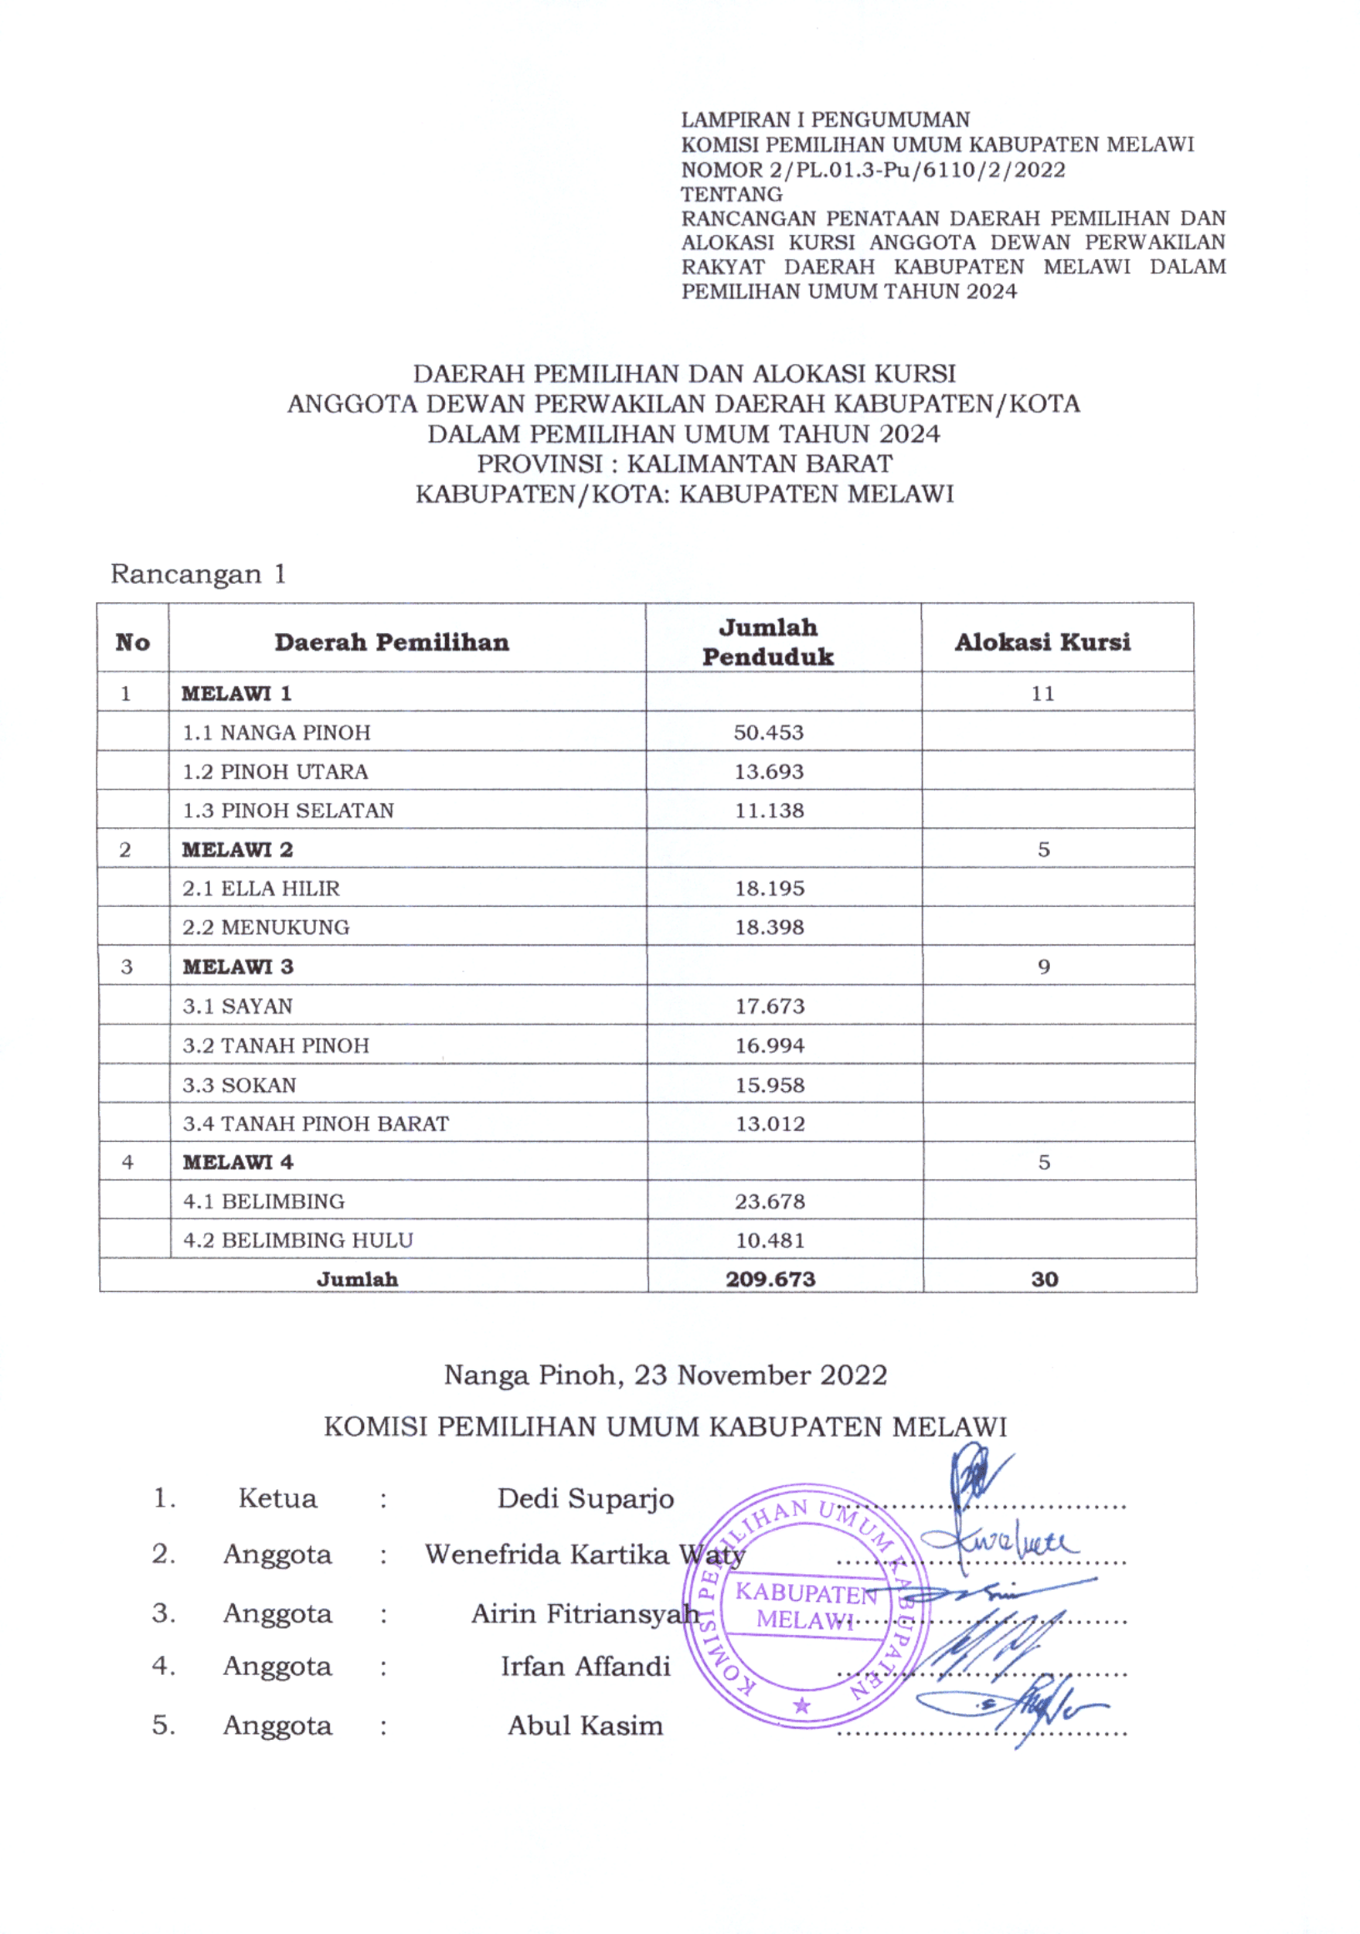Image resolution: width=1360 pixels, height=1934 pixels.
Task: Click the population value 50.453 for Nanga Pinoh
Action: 767,732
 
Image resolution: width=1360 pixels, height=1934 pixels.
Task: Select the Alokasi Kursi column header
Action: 1042,642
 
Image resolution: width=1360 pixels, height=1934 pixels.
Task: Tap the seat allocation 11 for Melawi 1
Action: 1042,693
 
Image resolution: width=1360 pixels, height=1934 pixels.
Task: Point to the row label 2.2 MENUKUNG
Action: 266,926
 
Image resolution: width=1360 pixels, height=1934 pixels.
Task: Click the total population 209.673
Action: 770,1279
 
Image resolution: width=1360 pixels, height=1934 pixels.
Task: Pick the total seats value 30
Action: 1044,1279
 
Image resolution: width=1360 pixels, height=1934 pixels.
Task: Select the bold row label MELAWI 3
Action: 237,966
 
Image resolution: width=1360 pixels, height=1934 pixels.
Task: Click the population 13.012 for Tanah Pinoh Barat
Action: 770,1123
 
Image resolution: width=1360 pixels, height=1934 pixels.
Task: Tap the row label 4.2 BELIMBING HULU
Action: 297,1240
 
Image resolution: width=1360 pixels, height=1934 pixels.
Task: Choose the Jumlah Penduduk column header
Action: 767,642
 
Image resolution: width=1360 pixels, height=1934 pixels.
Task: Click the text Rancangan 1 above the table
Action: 198,575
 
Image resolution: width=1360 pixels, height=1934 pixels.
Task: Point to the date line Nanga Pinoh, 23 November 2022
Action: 665,1375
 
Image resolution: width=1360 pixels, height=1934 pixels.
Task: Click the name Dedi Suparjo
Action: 585,1498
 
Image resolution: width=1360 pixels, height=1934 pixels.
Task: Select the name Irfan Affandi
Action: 585,1666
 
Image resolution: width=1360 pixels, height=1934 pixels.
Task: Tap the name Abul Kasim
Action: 585,1726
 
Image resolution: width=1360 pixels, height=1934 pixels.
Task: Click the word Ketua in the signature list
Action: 277,1498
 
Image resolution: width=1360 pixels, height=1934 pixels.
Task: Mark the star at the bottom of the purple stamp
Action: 802,1706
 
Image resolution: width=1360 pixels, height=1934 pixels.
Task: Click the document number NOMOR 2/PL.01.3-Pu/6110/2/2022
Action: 873,169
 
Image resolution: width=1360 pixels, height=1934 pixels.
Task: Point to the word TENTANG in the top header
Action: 732,194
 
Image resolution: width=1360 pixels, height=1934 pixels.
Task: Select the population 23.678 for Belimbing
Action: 769,1201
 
